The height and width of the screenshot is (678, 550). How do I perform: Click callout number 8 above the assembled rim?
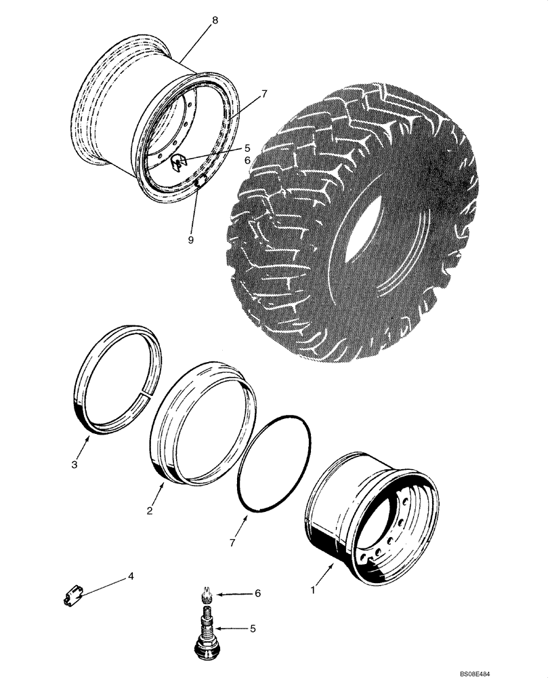click(215, 21)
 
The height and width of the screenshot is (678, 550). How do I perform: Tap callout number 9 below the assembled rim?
click(190, 240)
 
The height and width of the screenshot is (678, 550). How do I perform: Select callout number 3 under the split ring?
click(75, 464)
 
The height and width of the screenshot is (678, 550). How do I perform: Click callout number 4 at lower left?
click(131, 577)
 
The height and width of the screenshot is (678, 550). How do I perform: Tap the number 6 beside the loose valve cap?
click(257, 593)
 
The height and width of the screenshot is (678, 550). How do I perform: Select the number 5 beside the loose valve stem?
click(253, 629)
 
